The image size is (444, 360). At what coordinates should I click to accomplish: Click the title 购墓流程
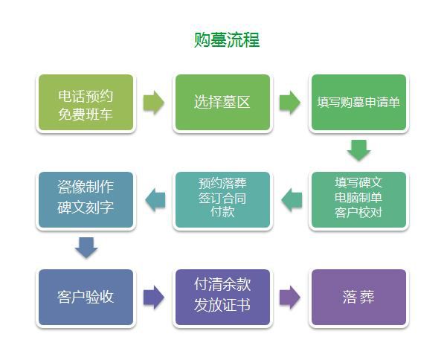point(227,40)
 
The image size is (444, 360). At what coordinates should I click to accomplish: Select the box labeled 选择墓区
point(222,103)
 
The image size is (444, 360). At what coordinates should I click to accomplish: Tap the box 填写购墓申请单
point(358,103)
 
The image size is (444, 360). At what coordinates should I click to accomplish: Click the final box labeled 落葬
point(358,297)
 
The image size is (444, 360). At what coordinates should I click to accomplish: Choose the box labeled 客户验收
point(86,297)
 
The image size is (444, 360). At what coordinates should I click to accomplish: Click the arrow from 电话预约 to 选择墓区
point(154,103)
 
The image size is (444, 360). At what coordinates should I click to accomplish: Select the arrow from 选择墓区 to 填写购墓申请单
point(290,103)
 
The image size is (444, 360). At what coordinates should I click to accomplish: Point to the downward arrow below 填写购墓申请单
point(358,150)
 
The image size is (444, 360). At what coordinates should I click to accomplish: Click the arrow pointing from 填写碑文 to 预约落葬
point(292,200)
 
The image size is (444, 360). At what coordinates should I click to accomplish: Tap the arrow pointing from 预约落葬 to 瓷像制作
point(155,200)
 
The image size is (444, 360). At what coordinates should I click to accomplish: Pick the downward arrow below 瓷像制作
point(86,248)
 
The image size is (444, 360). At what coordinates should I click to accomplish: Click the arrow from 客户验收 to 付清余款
point(154,297)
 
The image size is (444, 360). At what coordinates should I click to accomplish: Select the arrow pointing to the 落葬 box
point(290,297)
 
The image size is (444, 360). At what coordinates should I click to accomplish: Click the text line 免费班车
point(86,115)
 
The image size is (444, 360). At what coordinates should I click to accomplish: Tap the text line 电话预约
point(86,96)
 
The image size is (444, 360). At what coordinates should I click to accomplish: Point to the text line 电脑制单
point(358,197)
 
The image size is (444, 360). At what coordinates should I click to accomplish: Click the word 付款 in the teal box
point(222,211)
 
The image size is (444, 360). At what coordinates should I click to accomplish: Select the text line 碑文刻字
point(86,208)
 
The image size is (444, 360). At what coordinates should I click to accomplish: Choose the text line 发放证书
point(222,305)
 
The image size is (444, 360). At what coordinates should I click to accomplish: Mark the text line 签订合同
point(222,198)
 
